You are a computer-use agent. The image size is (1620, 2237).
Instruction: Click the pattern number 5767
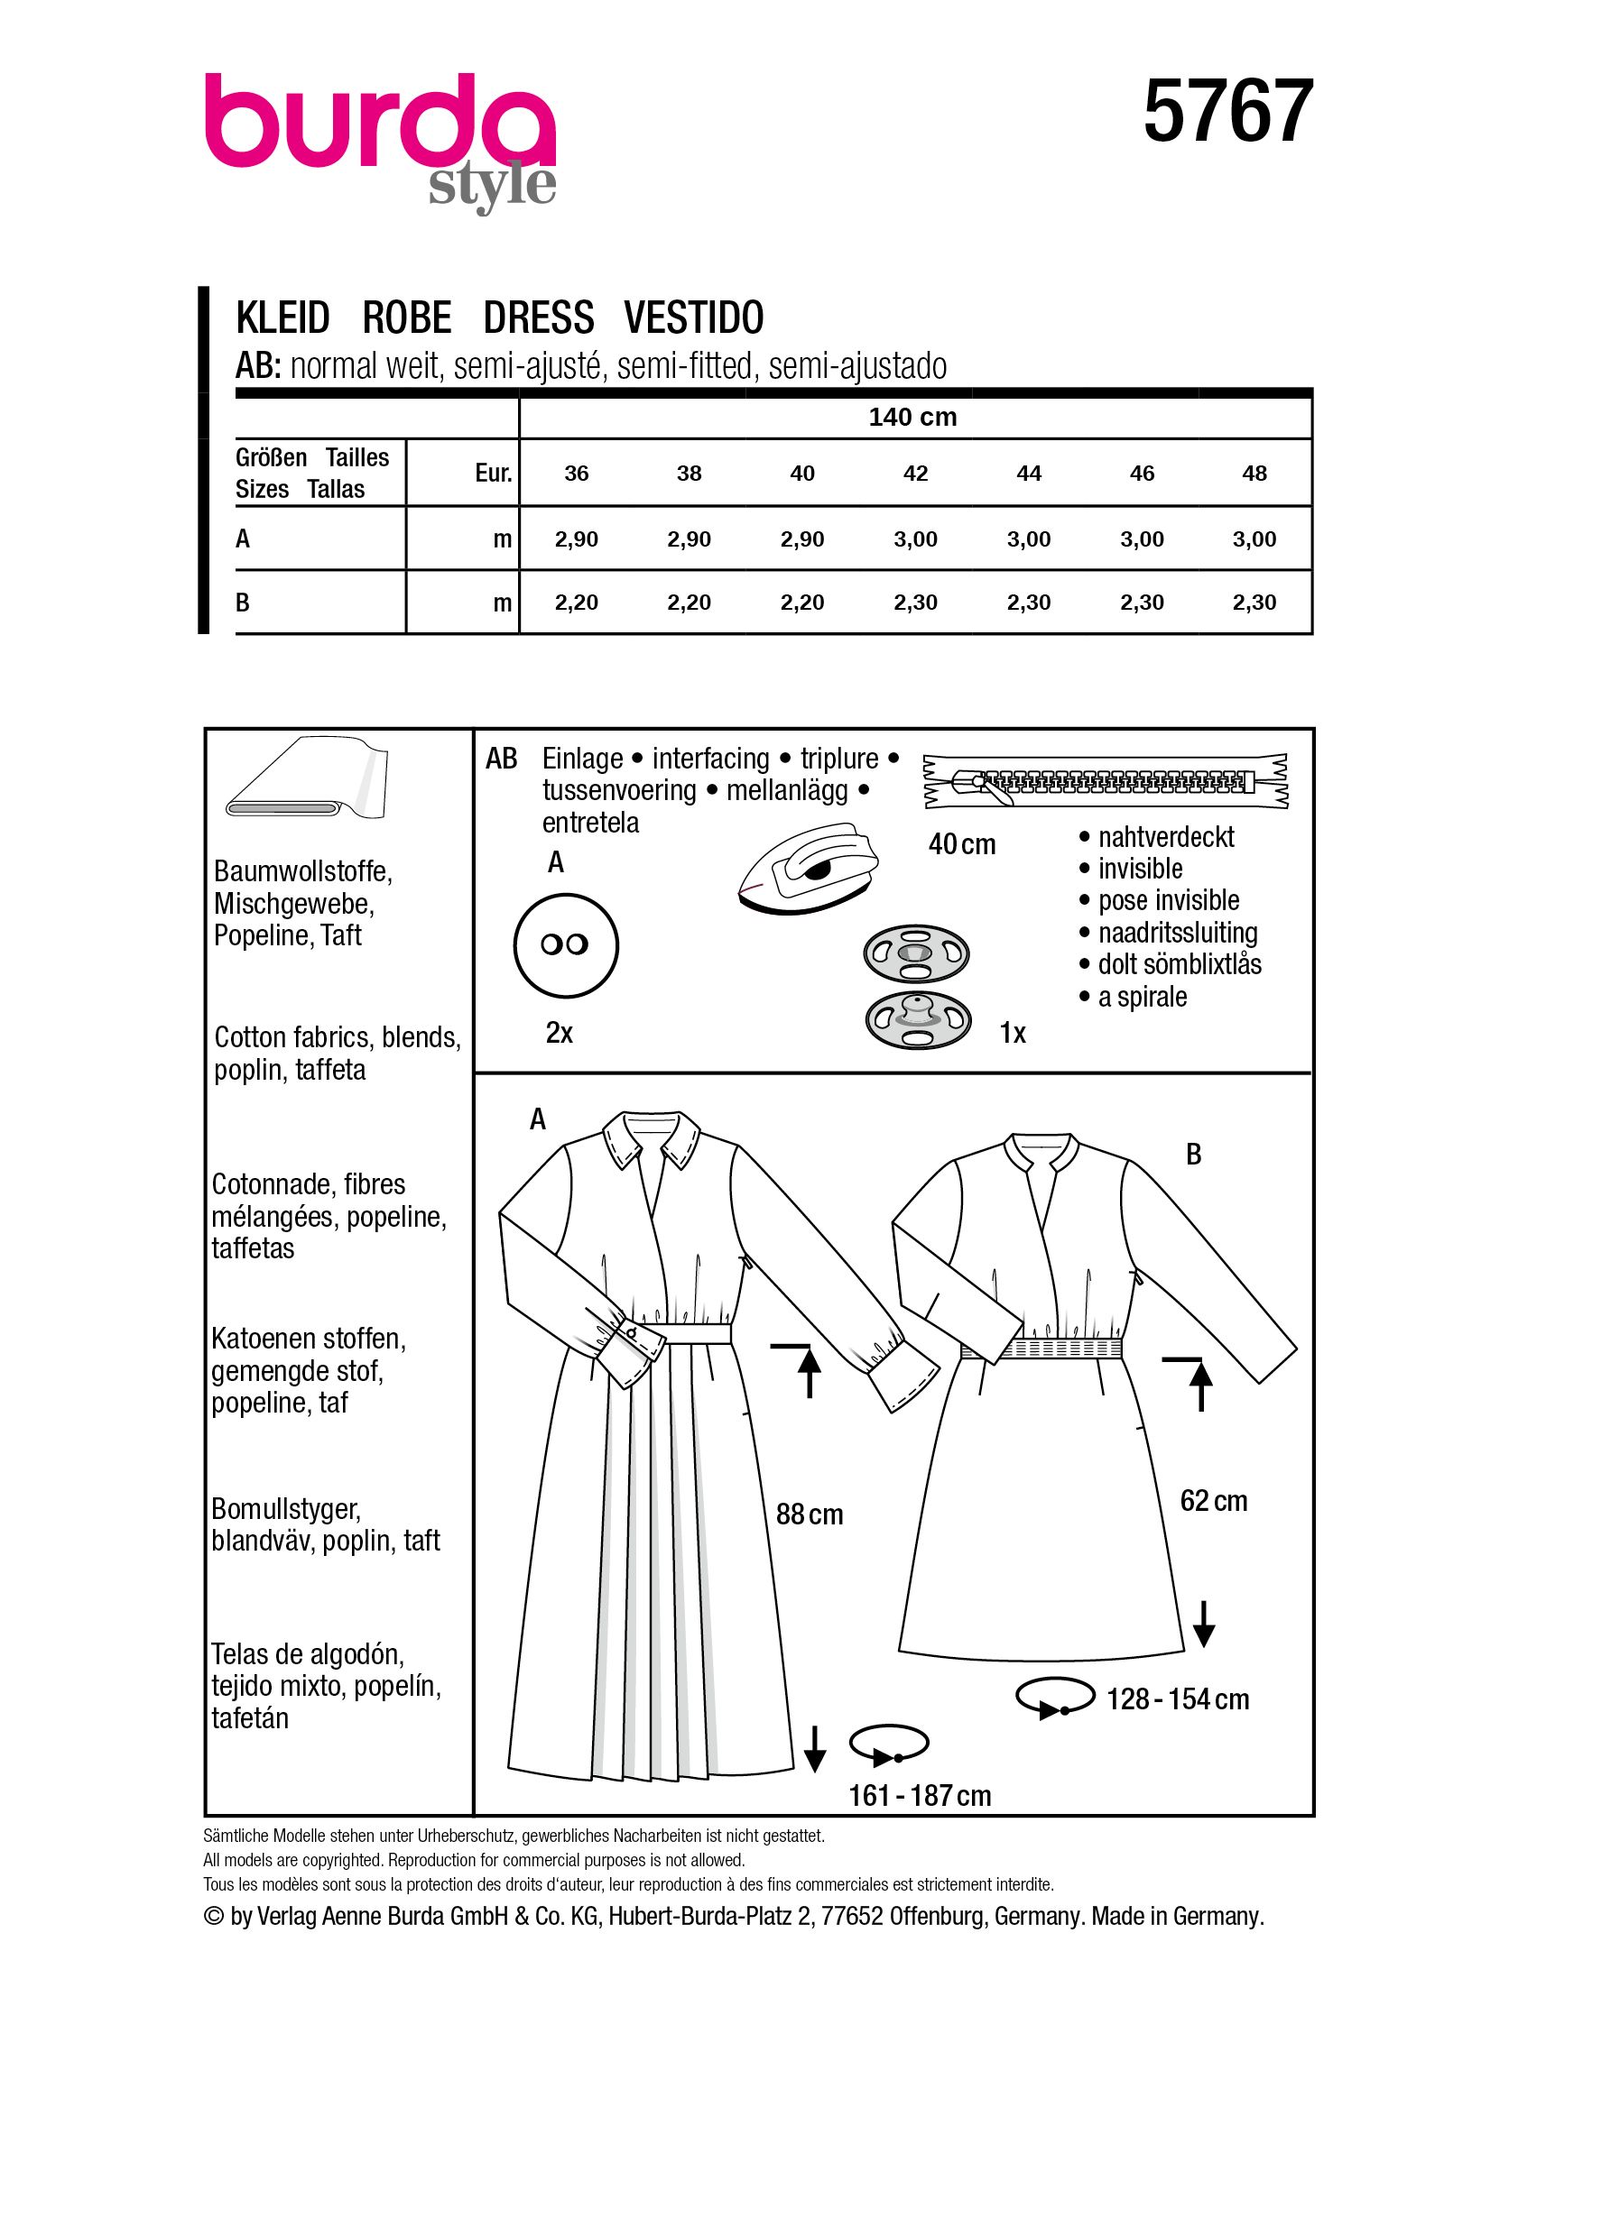click(1227, 112)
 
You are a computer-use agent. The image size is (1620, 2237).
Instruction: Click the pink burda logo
click(379, 124)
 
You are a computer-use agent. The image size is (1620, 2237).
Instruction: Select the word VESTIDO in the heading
click(694, 318)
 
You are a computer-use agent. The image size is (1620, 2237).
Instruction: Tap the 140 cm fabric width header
click(912, 418)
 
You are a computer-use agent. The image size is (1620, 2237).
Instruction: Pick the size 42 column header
click(915, 474)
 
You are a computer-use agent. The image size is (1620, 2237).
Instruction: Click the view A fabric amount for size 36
click(576, 539)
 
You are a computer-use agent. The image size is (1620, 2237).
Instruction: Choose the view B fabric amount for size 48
click(1254, 603)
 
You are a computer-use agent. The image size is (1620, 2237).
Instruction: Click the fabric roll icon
click(306, 778)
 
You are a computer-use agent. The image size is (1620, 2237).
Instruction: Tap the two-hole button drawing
click(565, 945)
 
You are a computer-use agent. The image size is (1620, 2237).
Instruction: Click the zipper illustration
click(1105, 781)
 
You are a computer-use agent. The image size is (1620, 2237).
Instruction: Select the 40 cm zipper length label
click(962, 844)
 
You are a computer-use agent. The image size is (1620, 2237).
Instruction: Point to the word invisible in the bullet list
click(1141, 869)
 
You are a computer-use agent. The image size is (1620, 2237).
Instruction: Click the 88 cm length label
click(809, 1514)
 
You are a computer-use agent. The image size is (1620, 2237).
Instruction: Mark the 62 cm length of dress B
click(1214, 1500)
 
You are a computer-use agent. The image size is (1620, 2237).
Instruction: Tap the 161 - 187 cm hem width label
click(920, 1795)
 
